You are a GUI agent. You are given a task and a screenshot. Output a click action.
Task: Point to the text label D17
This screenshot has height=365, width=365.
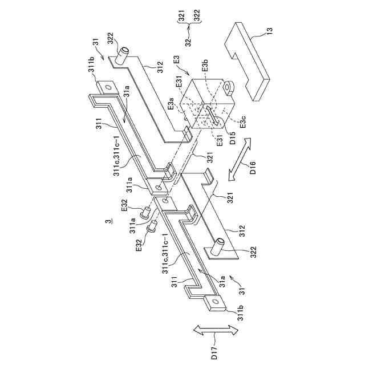[213, 354]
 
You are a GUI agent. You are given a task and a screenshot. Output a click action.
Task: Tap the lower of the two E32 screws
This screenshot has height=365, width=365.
[153, 229]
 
